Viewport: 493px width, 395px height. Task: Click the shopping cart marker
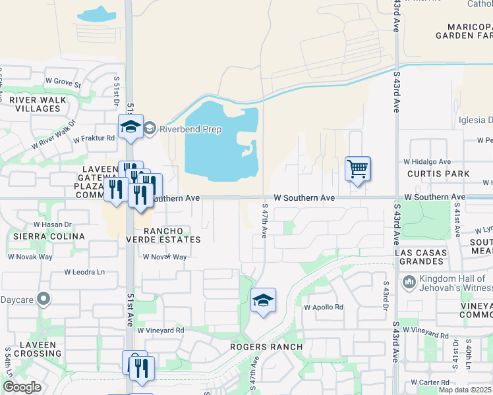click(357, 169)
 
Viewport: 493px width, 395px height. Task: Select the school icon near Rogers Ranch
click(263, 301)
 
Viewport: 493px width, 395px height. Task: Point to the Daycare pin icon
click(44, 300)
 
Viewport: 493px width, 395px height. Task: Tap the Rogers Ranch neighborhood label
click(266, 347)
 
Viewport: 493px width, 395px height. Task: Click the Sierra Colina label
click(46, 236)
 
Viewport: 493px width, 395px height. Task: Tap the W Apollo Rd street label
click(324, 307)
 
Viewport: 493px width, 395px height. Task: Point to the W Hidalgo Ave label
click(427, 161)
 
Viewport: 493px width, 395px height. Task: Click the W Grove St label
click(63, 84)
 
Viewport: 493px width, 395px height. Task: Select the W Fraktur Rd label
click(94, 139)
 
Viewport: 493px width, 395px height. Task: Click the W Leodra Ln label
click(84, 272)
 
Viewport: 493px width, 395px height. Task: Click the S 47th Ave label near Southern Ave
click(263, 224)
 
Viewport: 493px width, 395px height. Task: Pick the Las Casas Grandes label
click(420, 257)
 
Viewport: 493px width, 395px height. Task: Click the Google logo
click(22, 387)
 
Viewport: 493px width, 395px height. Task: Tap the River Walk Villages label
click(38, 104)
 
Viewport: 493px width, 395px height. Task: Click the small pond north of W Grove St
click(96, 14)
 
